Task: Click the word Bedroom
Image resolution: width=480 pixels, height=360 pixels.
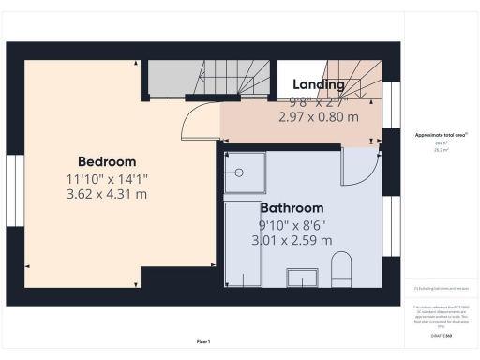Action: coord(107,161)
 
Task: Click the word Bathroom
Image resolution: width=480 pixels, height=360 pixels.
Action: coord(292,207)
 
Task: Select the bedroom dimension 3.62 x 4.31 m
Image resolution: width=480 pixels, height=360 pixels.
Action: coord(107,194)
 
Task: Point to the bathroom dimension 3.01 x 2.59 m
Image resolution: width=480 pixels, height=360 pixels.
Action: coord(292,240)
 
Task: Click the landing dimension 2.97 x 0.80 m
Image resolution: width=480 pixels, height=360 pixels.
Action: coord(319,118)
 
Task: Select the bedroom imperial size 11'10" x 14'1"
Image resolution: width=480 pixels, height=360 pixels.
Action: coord(107,178)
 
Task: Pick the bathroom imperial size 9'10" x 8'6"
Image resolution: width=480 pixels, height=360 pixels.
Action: coord(292,224)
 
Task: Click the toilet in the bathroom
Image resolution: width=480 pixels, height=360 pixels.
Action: coord(341,268)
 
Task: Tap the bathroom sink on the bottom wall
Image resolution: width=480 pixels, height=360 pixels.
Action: coord(302,277)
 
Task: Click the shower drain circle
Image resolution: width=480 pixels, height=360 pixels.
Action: coord(240,172)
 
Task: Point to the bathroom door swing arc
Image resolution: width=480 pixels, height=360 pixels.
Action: coord(359,169)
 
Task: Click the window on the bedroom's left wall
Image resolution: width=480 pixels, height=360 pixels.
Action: coord(12,187)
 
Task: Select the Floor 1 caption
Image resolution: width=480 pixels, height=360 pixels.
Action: coord(202,341)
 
